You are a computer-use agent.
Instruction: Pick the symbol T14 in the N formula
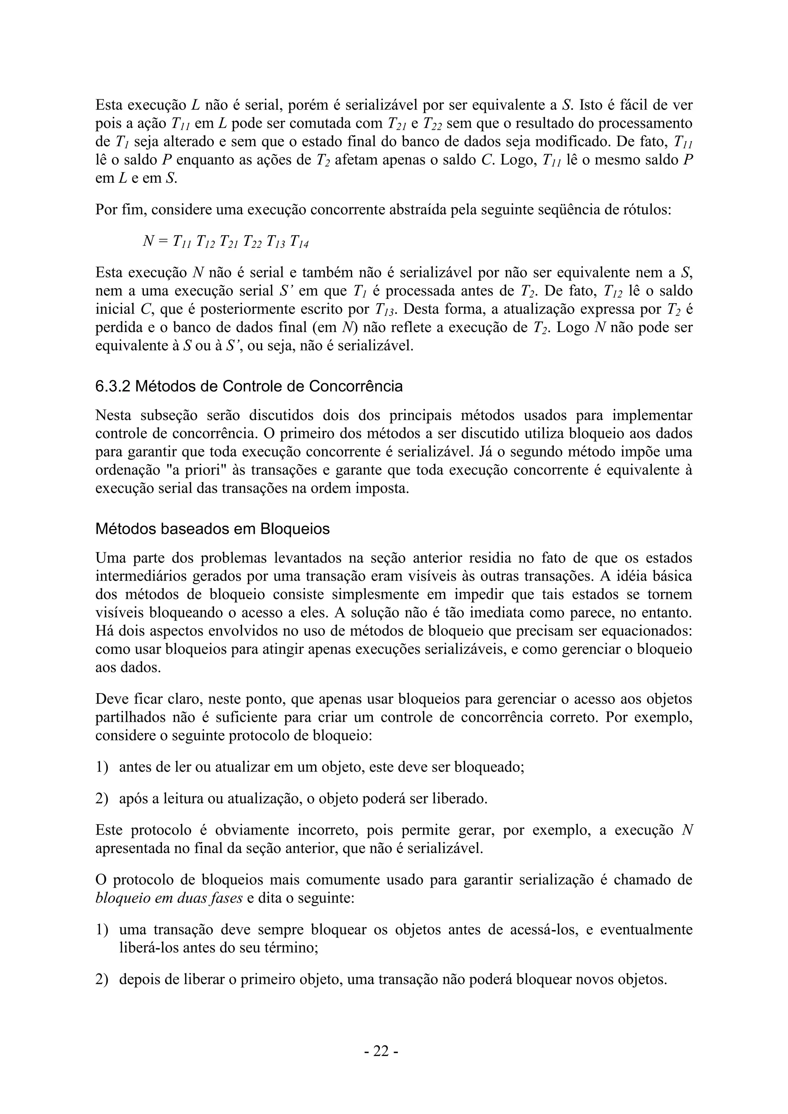click(x=299, y=241)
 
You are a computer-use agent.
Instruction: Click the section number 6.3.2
click(x=113, y=386)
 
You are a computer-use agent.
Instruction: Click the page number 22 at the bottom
click(x=381, y=1051)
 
